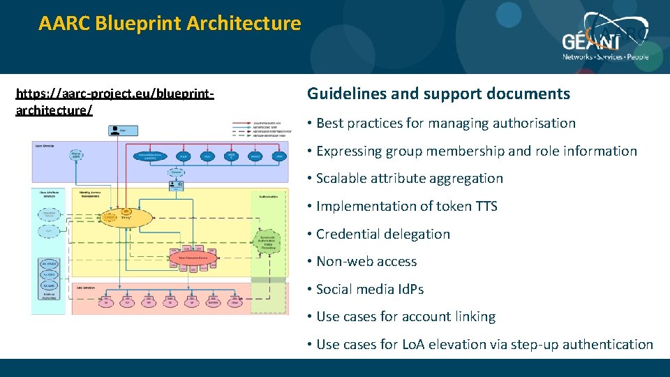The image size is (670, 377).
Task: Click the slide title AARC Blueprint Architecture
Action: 170,24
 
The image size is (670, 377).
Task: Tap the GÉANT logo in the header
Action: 605,42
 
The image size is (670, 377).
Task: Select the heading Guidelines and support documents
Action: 438,94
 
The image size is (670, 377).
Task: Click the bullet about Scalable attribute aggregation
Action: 409,179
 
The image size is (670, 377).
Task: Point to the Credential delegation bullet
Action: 382,234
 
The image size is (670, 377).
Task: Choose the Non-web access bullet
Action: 366,262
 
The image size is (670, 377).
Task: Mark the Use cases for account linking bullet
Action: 405,317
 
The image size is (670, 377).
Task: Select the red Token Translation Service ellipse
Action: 193,258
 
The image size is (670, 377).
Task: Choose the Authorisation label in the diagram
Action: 269,197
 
